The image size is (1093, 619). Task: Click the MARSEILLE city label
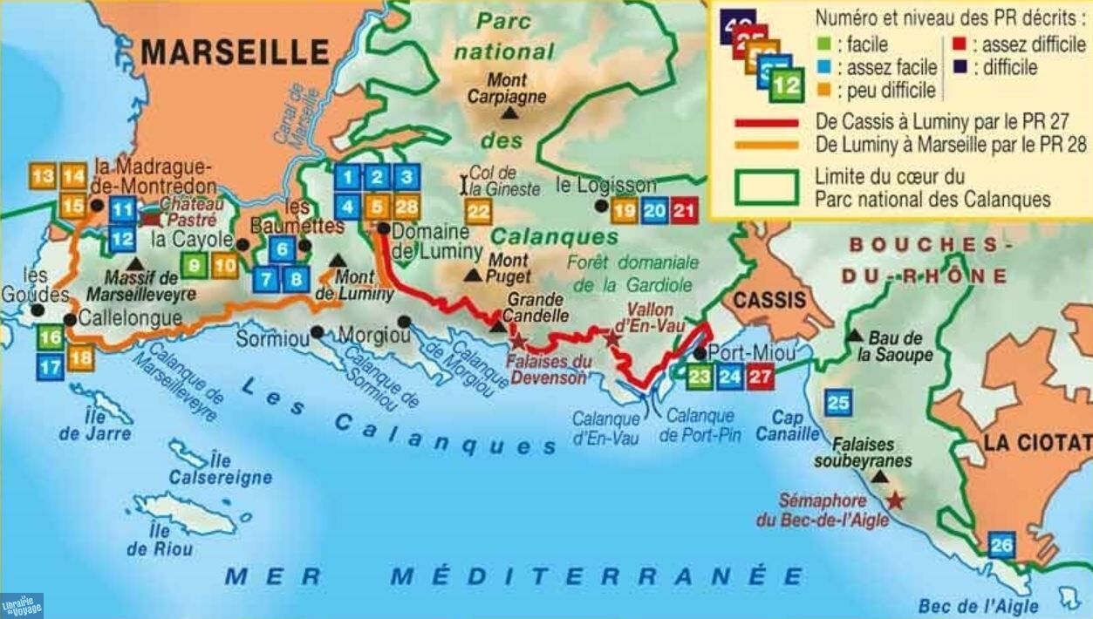tap(235, 52)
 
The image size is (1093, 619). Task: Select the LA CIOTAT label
tap(1036, 442)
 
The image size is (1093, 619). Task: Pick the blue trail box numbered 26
tap(1001, 546)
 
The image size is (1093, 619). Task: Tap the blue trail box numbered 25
tap(838, 402)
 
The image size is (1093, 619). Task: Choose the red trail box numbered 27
tap(760, 377)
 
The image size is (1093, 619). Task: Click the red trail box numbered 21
tap(685, 210)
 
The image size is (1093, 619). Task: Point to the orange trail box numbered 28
tap(406, 207)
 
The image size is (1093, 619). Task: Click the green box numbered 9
tap(195, 265)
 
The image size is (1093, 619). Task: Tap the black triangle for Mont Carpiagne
tap(509, 113)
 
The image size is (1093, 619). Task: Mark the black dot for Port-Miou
tap(700, 353)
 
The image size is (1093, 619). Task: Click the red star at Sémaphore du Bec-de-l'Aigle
tap(895, 501)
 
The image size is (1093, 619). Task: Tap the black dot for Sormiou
tap(318, 332)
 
